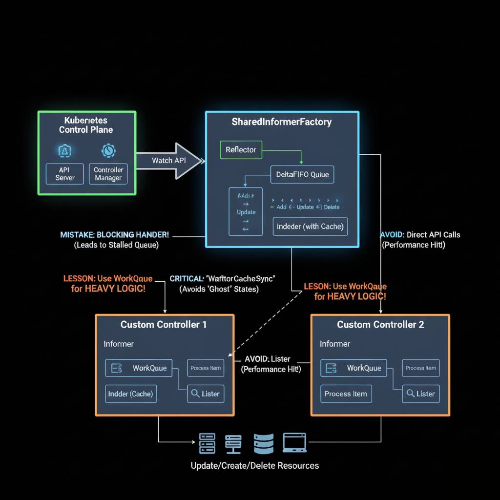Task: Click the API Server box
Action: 65,174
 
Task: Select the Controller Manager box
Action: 108,174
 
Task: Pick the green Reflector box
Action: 241,149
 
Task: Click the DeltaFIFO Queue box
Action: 302,174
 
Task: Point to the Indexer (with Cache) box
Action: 310,227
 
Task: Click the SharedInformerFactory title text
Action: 281,122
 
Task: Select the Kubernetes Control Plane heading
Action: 86,125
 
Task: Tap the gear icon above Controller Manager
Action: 107,150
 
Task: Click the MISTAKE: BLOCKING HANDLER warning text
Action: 115,235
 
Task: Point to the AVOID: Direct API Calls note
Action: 420,235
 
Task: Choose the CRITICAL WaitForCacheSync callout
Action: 222,278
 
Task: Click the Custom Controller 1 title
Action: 163,325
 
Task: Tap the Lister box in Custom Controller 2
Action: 420,394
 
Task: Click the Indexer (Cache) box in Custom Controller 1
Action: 130,394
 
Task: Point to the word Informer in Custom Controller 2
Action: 334,344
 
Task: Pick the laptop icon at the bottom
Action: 294,442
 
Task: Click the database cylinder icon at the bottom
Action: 264,443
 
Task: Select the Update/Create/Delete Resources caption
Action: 254,465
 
